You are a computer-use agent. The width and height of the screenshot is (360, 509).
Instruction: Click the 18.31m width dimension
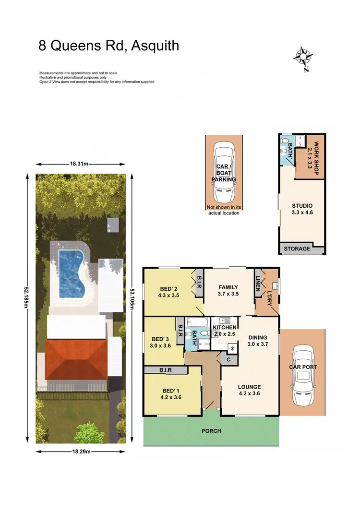(x=80, y=164)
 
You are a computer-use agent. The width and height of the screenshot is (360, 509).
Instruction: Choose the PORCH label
(x=211, y=431)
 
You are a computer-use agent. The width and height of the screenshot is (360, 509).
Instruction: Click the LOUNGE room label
(x=249, y=387)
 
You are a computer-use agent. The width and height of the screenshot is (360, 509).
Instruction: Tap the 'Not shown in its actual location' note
(x=223, y=210)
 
